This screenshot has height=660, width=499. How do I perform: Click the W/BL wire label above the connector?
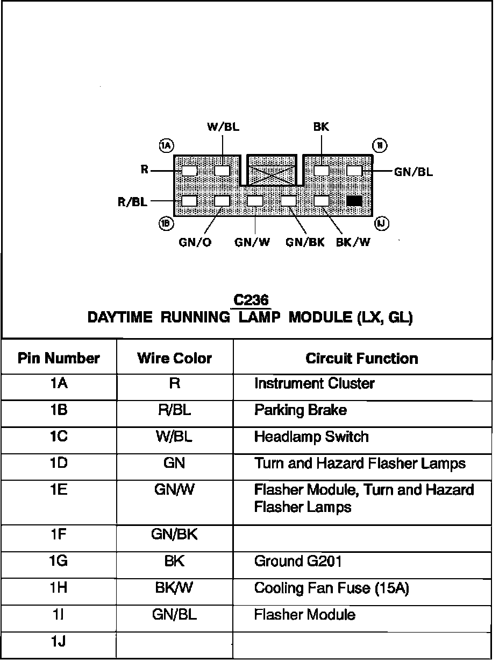pyautogui.click(x=223, y=128)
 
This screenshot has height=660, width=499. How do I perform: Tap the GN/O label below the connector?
pyautogui.click(x=195, y=242)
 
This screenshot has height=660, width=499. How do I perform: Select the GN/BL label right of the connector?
pyautogui.click(x=413, y=172)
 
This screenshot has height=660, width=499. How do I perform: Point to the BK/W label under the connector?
pyautogui.click(x=353, y=242)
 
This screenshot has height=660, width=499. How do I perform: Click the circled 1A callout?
pyautogui.click(x=165, y=145)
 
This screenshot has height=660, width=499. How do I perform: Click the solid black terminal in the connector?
pyautogui.click(x=354, y=201)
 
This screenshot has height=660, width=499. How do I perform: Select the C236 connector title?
pyautogui.click(x=251, y=300)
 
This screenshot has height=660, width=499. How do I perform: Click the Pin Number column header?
pyautogui.click(x=59, y=359)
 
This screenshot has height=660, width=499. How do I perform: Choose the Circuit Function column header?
pyautogui.click(x=362, y=359)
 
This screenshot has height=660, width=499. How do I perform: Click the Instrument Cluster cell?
pyautogui.click(x=314, y=384)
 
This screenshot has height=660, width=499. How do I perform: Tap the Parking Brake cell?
pyautogui.click(x=300, y=410)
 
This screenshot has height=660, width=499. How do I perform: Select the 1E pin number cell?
pyautogui.click(x=59, y=490)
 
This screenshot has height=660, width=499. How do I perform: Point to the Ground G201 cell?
pyautogui.click(x=298, y=561)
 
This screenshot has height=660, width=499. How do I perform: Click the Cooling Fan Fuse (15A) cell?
pyautogui.click(x=331, y=588)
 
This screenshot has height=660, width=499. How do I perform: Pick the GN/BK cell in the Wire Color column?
pyautogui.click(x=175, y=535)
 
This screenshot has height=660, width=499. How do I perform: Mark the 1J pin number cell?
pyautogui.click(x=59, y=642)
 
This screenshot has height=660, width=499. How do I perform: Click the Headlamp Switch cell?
pyautogui.click(x=311, y=437)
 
